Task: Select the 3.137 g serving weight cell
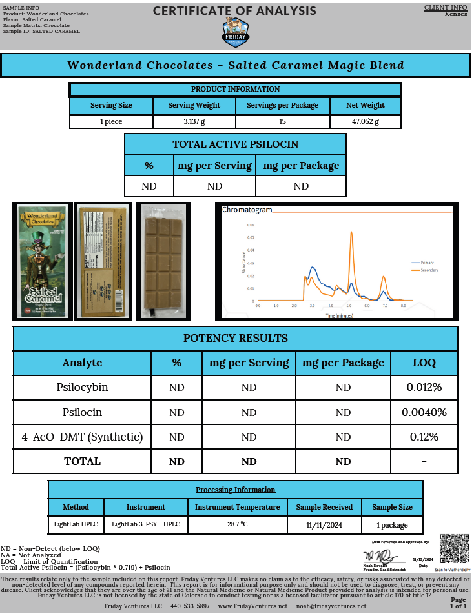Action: [x=194, y=121]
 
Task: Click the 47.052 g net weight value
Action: [x=365, y=121]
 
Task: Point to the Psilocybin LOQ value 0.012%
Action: [x=424, y=388]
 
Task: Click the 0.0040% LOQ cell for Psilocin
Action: [x=424, y=412]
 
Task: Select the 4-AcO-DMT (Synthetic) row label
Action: [x=82, y=437]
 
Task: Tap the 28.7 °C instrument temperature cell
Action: [x=237, y=525]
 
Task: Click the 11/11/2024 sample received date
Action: [x=324, y=525]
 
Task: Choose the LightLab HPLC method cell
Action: [x=76, y=525]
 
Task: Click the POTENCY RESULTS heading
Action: [x=235, y=339]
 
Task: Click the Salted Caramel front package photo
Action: [x=42, y=261]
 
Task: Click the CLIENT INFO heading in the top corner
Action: [x=446, y=8]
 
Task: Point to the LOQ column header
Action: [x=424, y=363]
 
